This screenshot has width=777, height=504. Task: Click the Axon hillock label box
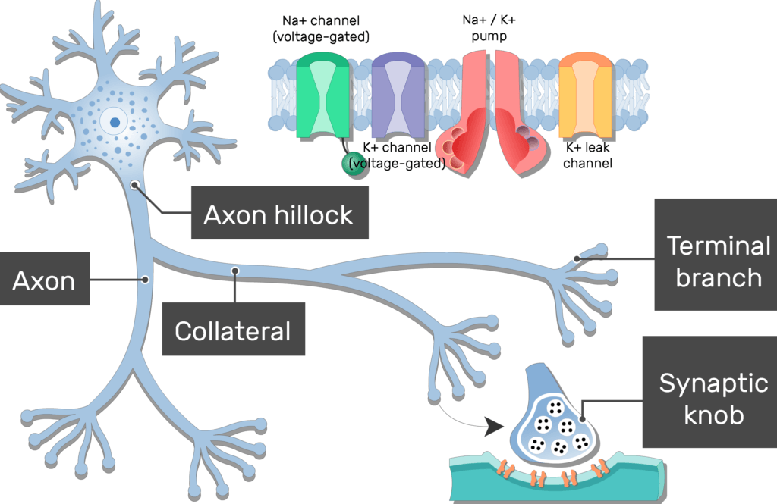[278, 214]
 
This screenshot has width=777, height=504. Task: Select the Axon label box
[44, 280]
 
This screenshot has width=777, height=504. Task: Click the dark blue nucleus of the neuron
[115, 121]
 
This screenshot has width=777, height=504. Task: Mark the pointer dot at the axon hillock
[135, 184]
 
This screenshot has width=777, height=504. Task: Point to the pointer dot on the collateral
[236, 270]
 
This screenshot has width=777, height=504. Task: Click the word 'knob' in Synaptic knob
[709, 415]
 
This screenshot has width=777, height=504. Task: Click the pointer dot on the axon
[145, 280]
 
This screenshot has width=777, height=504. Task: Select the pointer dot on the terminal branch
[577, 258]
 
